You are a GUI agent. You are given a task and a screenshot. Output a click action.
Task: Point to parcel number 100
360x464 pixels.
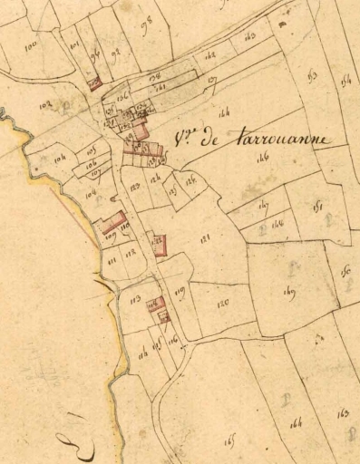(x=32, y=44)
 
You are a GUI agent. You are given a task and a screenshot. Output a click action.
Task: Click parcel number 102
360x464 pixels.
(x=44, y=106)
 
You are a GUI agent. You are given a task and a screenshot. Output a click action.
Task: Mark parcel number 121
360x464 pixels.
(x=206, y=238)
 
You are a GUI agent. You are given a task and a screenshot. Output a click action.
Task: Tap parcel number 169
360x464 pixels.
(x=290, y=292)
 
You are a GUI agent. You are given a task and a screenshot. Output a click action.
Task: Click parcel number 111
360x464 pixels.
(x=112, y=260)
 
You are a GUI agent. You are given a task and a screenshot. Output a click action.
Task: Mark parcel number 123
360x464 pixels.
(x=135, y=187)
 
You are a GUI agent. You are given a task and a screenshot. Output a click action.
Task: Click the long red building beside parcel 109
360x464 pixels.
(x=112, y=221)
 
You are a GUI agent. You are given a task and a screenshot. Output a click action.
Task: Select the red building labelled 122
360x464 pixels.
(x=159, y=244)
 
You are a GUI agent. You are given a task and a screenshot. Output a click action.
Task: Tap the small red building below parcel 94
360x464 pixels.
(x=95, y=85)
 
